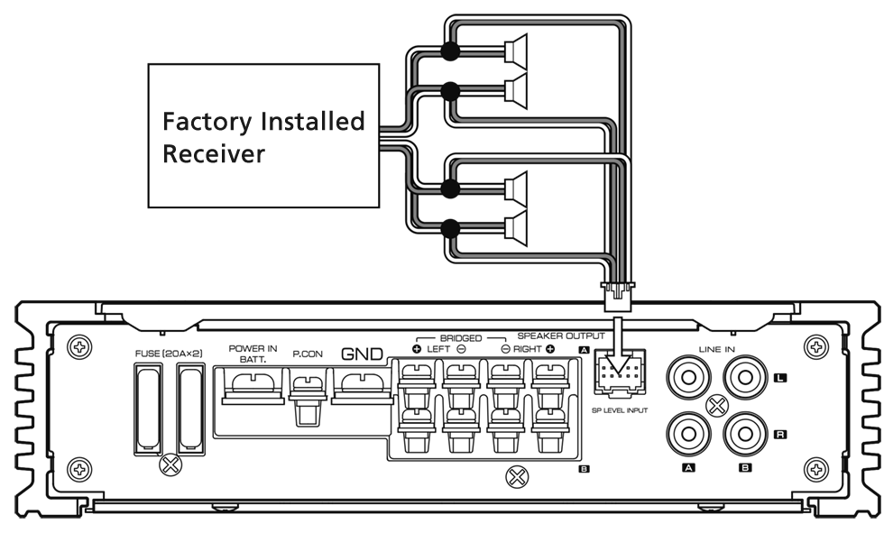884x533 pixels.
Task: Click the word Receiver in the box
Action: pyautogui.click(x=214, y=153)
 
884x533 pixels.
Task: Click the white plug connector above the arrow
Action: pyautogui.click(x=616, y=294)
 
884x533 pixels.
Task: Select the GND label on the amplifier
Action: pyautogui.click(x=361, y=354)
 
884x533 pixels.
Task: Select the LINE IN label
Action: pyautogui.click(x=718, y=348)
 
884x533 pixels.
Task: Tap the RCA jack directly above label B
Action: pyautogui.click(x=745, y=435)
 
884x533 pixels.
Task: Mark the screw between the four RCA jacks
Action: pyautogui.click(x=716, y=406)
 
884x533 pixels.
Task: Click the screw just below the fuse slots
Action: pyautogui.click(x=168, y=465)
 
